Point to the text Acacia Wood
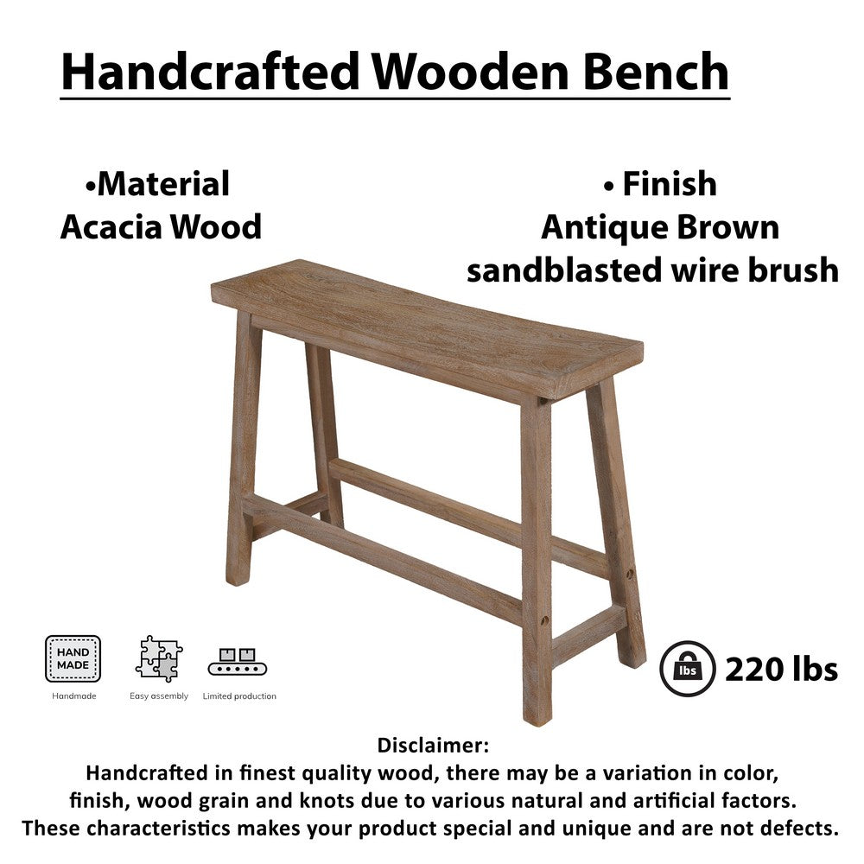click(x=161, y=227)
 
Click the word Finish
click(x=669, y=184)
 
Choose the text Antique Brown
click(x=660, y=227)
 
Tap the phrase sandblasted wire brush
click(x=652, y=270)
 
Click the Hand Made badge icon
click(x=73, y=658)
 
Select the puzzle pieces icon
click(x=159, y=658)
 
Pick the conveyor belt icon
click(x=238, y=662)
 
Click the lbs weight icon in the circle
click(x=688, y=669)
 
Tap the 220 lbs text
click(x=781, y=669)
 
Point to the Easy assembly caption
click(x=159, y=696)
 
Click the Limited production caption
click(x=239, y=696)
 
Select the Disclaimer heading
click(x=434, y=745)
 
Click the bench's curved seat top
click(x=428, y=324)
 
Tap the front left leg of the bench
click(x=241, y=449)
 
